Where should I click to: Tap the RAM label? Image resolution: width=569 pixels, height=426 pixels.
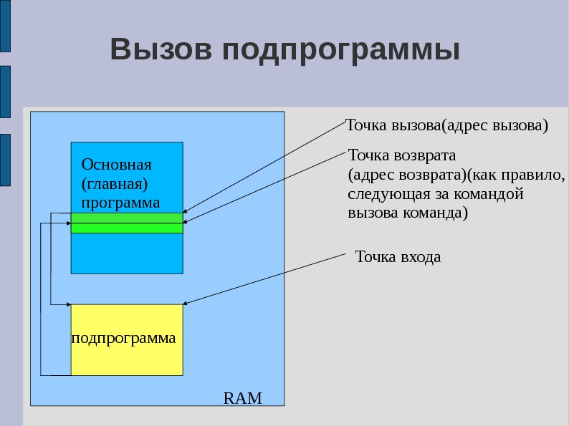pyautogui.click(x=243, y=398)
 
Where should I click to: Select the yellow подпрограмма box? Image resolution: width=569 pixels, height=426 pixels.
pyautogui.click(x=127, y=339)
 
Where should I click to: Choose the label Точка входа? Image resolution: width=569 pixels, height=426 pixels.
pyautogui.click(x=398, y=257)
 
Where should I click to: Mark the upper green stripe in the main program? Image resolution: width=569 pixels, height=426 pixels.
pyautogui.click(x=127, y=218)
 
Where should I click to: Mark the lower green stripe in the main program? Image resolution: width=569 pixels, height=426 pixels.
pyautogui.click(x=127, y=228)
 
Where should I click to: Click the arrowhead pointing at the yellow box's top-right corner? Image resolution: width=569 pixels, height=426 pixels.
pyautogui.click(x=186, y=303)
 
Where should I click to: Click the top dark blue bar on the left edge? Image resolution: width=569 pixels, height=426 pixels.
pyautogui.click(x=5, y=26)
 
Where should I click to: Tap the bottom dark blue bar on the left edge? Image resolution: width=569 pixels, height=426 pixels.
pyautogui.click(x=5, y=160)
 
